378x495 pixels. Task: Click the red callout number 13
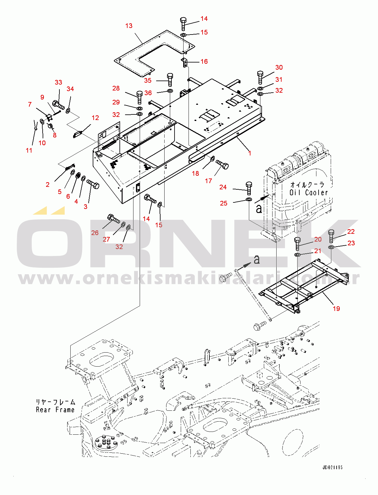coord(129,26)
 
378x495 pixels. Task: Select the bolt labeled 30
coord(260,77)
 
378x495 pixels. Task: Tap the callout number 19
coord(336,308)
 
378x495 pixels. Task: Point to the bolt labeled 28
coord(139,97)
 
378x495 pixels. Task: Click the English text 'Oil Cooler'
coord(309,192)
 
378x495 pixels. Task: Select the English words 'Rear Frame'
coord(55,410)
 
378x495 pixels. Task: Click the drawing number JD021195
coord(332,467)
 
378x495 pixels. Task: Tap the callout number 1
coord(250,153)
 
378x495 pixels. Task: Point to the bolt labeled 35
coord(170,80)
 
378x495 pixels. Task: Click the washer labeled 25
coord(249,199)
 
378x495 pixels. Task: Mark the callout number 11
coord(29,150)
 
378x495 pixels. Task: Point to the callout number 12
coord(95,118)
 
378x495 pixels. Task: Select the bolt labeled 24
coord(249,188)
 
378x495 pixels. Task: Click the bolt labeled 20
coord(297,243)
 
